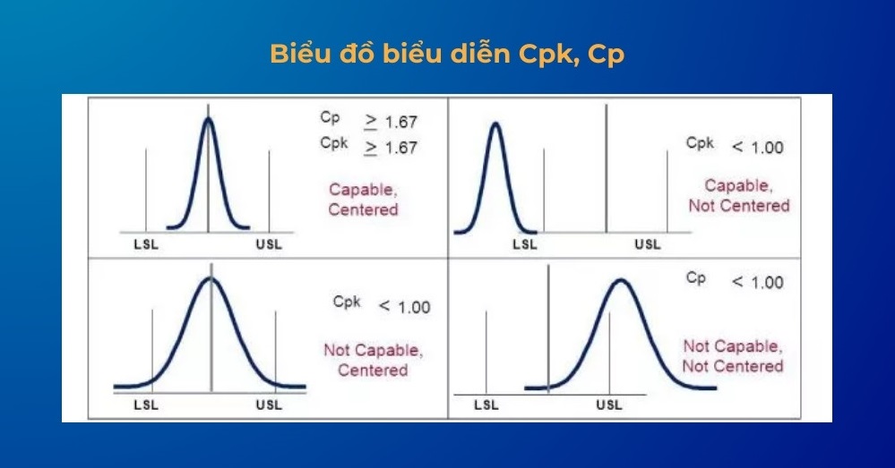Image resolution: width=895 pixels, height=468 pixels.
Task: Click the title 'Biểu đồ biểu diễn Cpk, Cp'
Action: (446, 55)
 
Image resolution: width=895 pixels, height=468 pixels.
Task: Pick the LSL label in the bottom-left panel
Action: (146, 405)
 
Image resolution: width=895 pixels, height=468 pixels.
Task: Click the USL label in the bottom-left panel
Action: (269, 405)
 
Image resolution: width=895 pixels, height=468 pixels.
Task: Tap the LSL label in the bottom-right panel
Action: (486, 405)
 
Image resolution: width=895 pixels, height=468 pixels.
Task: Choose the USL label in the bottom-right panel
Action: (609, 405)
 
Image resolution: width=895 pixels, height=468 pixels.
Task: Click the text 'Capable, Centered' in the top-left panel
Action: (363, 200)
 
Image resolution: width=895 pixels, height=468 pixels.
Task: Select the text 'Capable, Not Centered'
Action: (739, 195)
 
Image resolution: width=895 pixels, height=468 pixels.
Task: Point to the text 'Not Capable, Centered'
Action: (373, 360)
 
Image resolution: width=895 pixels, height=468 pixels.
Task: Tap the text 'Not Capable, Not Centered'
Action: (732, 355)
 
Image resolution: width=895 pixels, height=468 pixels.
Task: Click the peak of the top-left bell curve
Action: (209, 119)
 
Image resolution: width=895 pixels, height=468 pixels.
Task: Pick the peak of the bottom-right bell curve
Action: (621, 281)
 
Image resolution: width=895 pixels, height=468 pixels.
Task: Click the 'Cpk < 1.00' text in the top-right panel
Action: (735, 146)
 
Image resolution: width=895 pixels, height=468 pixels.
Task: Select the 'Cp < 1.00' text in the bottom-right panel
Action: (735, 281)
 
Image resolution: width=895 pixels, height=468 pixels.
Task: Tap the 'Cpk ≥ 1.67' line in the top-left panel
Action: (368, 147)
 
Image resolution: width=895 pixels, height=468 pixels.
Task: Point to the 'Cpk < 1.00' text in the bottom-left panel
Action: (382, 305)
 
